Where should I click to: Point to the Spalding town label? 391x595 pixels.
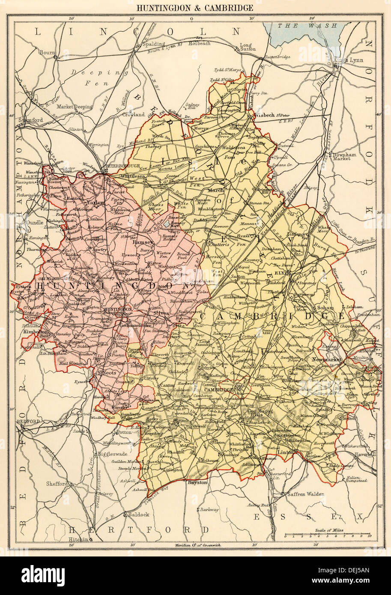pyautogui.click(x=153, y=44)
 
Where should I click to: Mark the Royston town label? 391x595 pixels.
pyautogui.click(x=198, y=482)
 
